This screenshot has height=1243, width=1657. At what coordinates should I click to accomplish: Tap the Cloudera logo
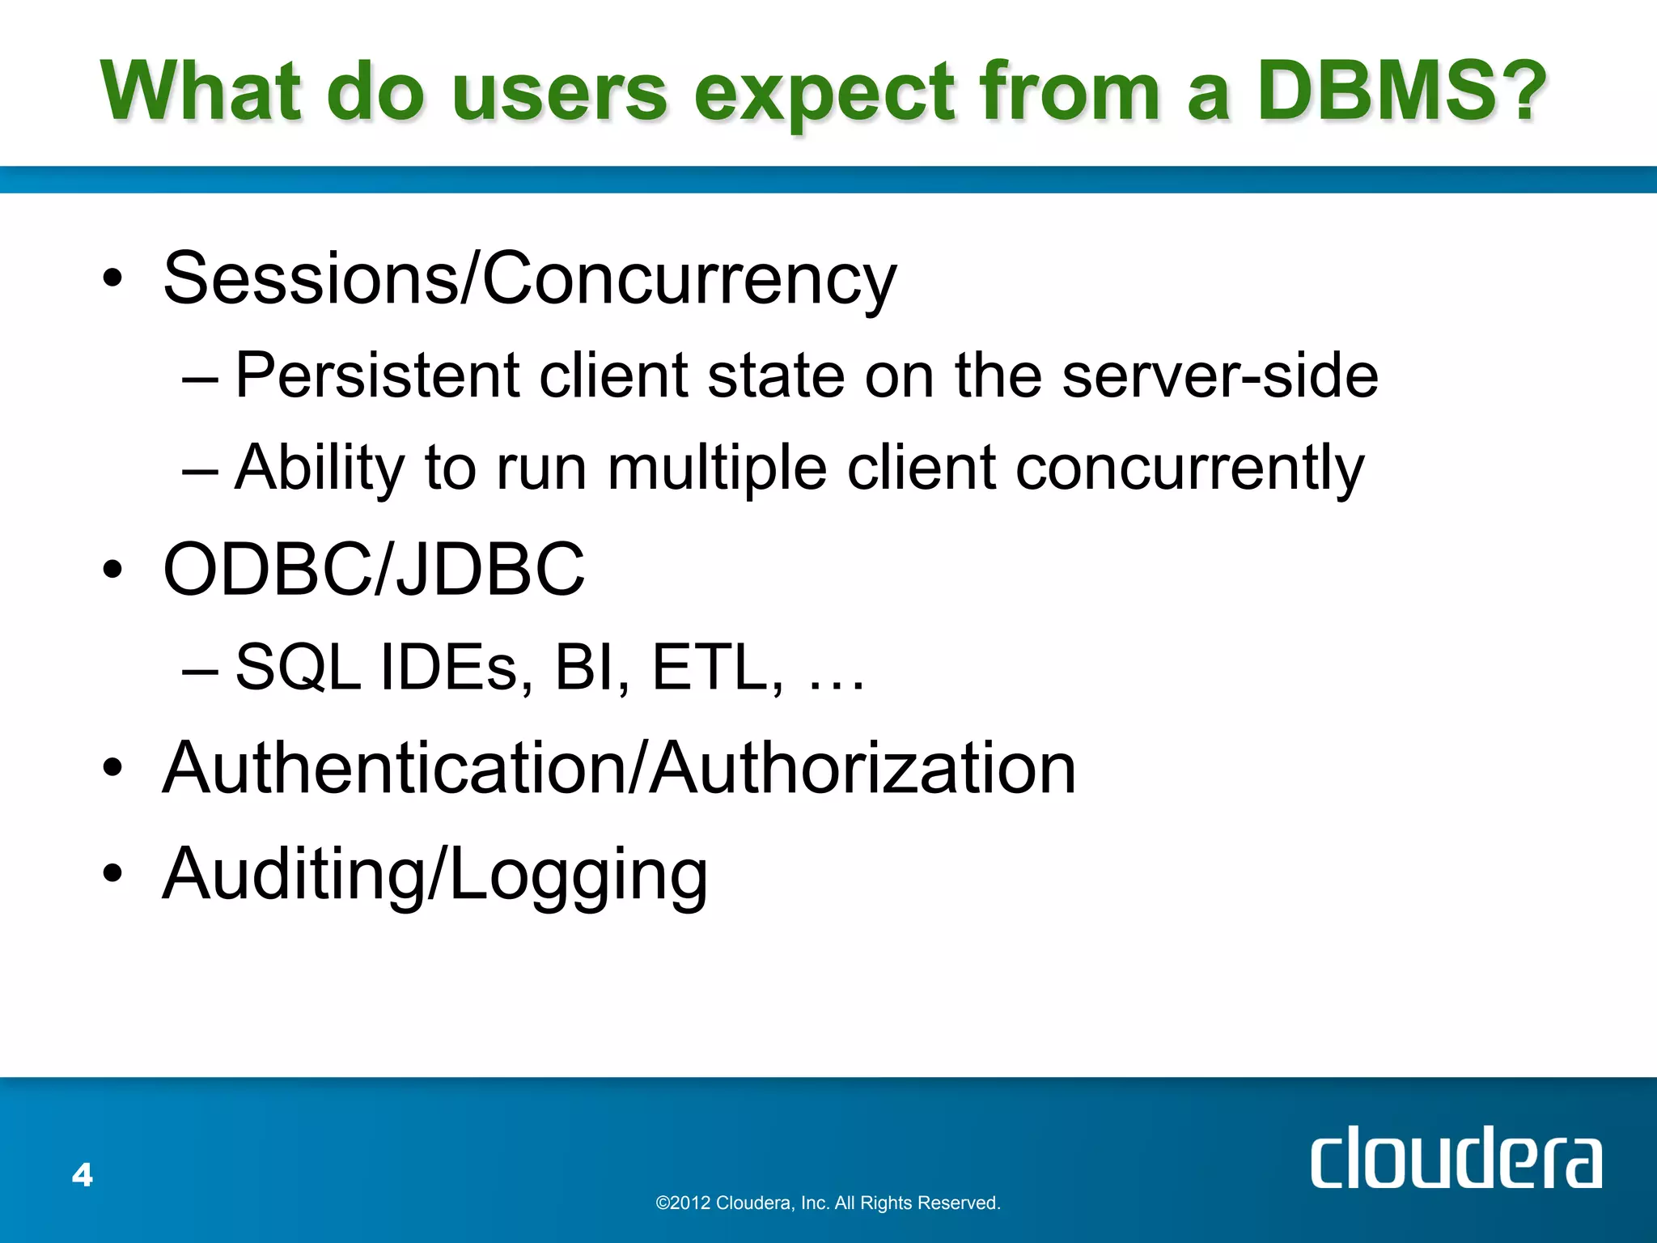[x=1456, y=1158]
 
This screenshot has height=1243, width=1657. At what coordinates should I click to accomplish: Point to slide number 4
[x=83, y=1174]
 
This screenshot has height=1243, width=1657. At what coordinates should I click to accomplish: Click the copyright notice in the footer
[x=828, y=1203]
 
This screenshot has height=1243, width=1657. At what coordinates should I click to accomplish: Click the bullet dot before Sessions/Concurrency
[x=112, y=280]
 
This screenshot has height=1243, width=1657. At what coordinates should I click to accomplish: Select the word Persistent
[x=377, y=375]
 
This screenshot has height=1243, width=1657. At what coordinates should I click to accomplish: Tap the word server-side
[x=1220, y=375]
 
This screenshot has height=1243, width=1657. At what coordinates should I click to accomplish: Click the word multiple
[x=717, y=469]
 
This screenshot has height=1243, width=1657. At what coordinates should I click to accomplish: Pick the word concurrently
[x=1189, y=469]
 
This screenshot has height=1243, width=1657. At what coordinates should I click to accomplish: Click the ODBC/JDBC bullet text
[x=374, y=569]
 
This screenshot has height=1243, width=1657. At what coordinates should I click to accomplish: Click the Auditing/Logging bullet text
[x=435, y=874]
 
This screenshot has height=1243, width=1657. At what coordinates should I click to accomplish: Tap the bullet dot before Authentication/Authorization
[x=112, y=770]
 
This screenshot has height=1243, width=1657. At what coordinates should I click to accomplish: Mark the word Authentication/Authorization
[x=619, y=768]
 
